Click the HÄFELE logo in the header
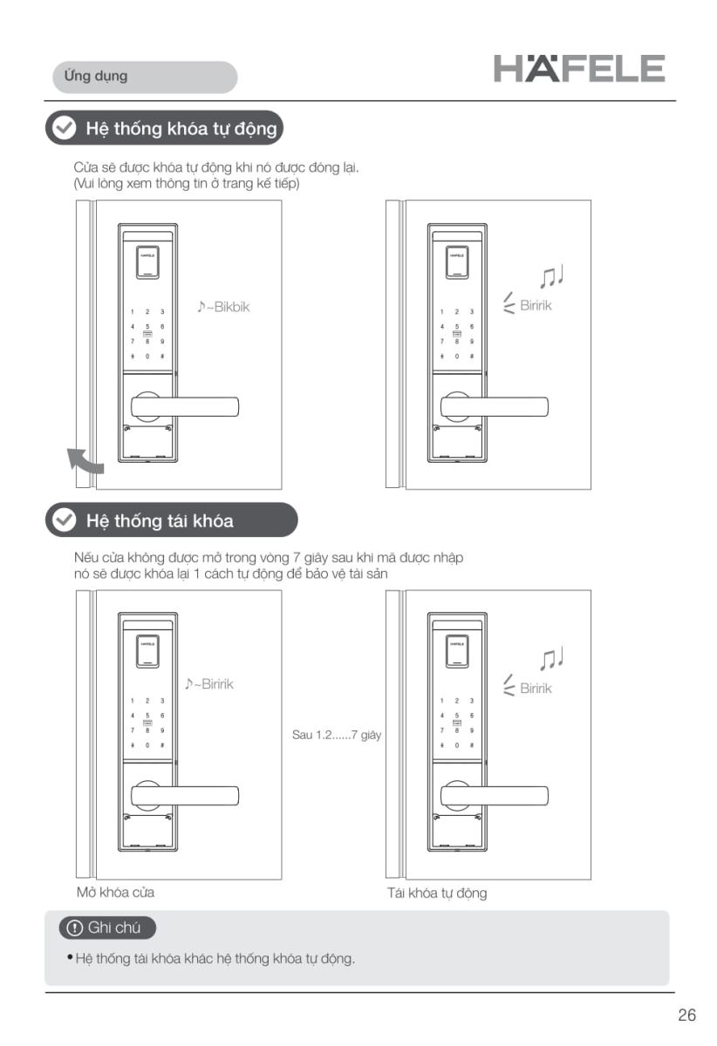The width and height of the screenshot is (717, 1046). tap(579, 68)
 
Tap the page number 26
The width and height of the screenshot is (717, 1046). tap(686, 1015)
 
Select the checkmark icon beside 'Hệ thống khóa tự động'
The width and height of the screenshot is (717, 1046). tap(64, 127)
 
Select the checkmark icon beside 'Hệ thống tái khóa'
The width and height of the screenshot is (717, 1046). tap(64, 520)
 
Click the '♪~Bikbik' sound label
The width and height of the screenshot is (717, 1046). tap(223, 307)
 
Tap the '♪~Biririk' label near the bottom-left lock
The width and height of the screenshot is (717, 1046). tap(209, 683)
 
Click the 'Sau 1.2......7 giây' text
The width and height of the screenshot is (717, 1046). tap(337, 735)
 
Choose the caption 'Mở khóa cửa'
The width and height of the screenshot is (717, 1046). tap(115, 893)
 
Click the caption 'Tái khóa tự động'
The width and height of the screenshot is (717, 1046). tap(436, 893)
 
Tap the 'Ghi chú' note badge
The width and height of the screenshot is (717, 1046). tap(107, 927)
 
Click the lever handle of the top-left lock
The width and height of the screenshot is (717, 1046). tap(185, 407)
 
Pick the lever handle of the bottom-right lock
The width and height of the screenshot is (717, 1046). tap(495, 796)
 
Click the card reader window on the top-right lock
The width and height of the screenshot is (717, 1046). tap(457, 262)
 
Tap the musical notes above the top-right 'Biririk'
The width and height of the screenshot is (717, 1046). tap(551, 276)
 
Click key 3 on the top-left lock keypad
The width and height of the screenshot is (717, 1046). tap(162, 311)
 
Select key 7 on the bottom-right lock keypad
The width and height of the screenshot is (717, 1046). tap(441, 730)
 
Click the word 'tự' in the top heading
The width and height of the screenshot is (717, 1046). tap(221, 129)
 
